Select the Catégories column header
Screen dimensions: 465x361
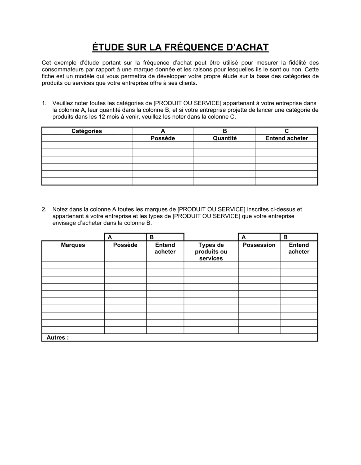[x=87, y=131]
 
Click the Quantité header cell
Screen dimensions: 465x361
[x=225, y=138]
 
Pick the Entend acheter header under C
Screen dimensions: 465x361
[x=287, y=138]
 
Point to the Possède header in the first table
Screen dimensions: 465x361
[x=163, y=138]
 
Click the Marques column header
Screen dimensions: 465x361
[x=73, y=245]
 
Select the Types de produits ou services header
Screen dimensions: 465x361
[x=211, y=252]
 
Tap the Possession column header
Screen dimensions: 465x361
[x=259, y=245]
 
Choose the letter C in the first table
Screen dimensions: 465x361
[x=287, y=131]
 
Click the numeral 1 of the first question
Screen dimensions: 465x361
[x=44, y=103]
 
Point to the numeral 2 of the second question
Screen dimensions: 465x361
[x=44, y=209]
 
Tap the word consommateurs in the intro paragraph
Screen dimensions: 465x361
[x=63, y=70]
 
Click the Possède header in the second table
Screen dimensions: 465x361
[x=125, y=245]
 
